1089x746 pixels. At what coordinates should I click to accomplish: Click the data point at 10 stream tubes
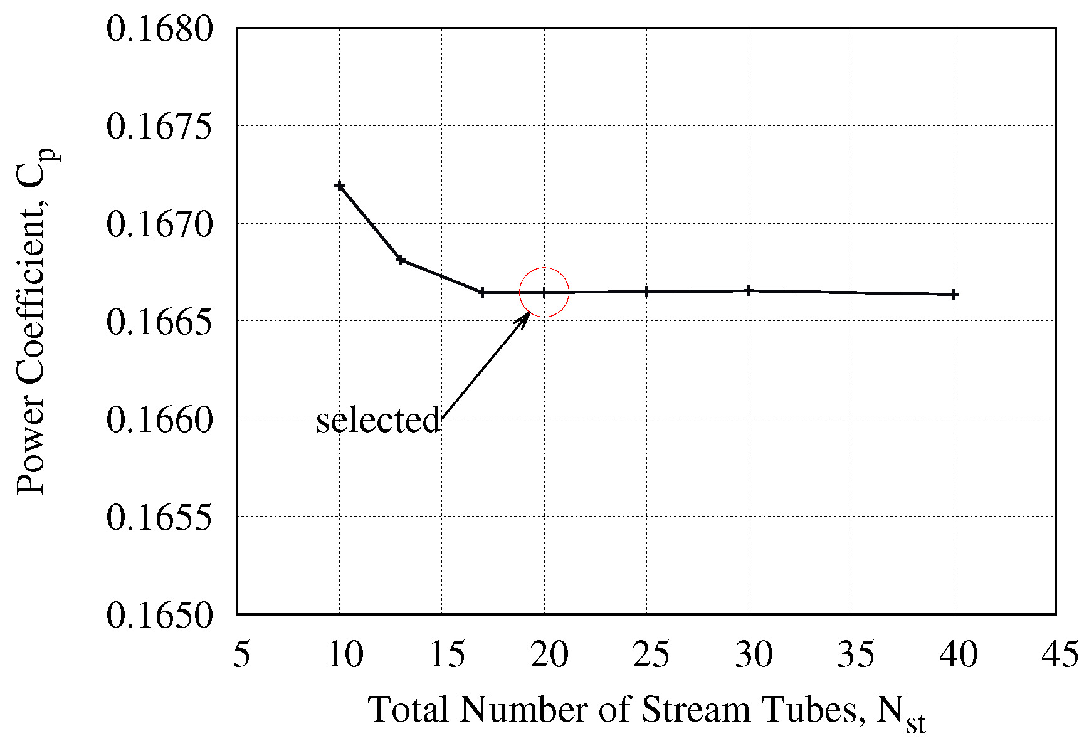340,186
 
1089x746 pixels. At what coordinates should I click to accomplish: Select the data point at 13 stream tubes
401,260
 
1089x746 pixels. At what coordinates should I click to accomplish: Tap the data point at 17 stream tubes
482,292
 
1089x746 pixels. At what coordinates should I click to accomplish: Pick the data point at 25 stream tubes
646,292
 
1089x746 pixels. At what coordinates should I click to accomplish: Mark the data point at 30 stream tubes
749,290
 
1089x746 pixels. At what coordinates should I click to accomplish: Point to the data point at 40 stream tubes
954,294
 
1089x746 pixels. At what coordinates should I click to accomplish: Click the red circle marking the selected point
544,292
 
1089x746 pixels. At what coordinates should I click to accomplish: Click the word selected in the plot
378,420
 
